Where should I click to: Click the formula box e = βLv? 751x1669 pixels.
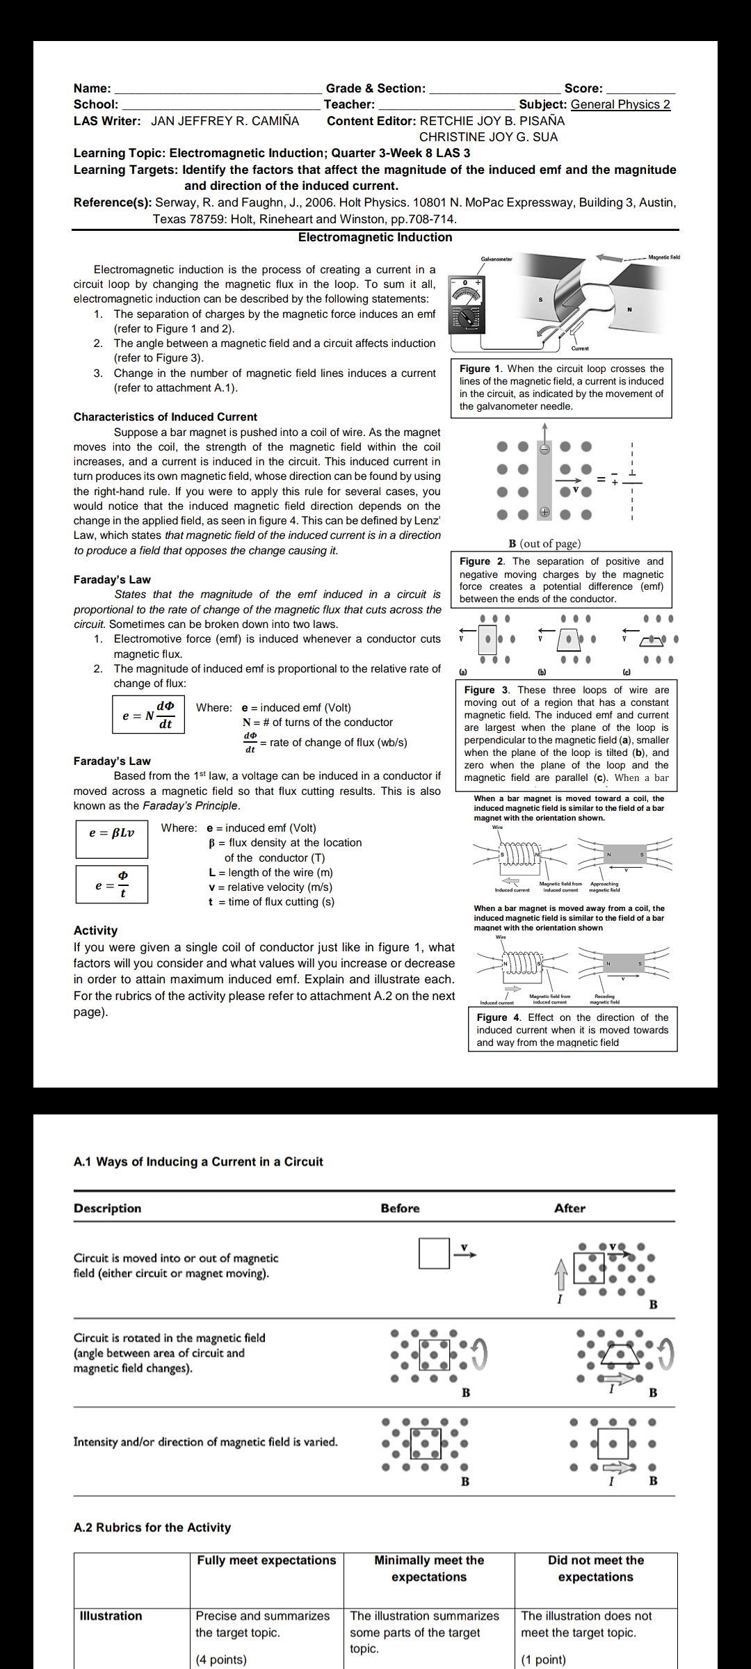coord(112,832)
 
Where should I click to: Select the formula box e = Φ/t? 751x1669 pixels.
coord(112,884)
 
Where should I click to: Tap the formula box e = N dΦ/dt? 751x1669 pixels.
coord(149,715)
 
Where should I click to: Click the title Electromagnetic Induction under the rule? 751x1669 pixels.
coord(375,237)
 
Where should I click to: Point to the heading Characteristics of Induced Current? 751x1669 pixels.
coord(165,417)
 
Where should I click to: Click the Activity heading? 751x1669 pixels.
coord(95,930)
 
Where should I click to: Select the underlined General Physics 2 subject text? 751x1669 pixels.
coord(620,104)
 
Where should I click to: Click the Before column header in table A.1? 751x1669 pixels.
coord(400,1208)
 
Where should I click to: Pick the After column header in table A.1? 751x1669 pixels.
coord(570,1208)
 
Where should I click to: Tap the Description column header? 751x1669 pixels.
coord(107,1208)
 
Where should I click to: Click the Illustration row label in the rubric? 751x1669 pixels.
coord(111,1615)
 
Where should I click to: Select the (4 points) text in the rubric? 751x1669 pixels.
coord(221,1659)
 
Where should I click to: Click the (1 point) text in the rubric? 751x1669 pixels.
coord(543,1659)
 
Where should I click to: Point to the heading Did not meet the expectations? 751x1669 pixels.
coord(595,1568)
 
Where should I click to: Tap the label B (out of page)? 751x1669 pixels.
coord(544,544)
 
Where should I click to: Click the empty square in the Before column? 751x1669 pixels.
coord(434,1252)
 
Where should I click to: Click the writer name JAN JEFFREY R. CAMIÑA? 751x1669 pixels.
coord(225,121)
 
